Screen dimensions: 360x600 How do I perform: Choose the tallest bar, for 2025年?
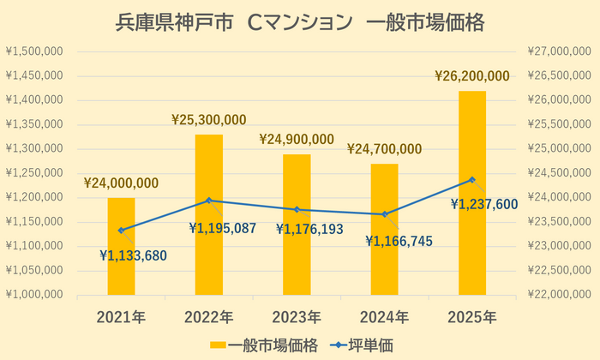[472, 193]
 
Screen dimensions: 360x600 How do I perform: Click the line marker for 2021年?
[121, 230]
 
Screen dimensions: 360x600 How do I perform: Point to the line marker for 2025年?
[472, 180]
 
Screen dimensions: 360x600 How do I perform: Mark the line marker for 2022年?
[208, 201]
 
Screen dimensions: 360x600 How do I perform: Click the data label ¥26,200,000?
[472, 76]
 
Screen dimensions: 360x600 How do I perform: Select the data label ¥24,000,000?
[121, 183]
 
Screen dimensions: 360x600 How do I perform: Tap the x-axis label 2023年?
[297, 317]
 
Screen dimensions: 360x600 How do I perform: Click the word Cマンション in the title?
[293, 23]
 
